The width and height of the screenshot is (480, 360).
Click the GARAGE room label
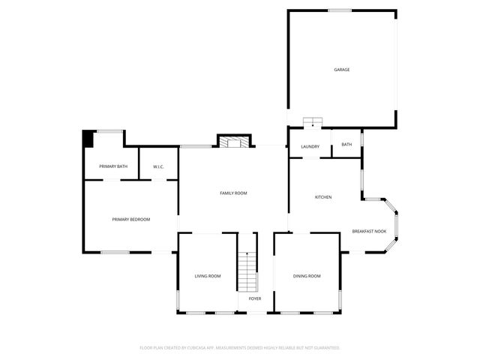point(342,70)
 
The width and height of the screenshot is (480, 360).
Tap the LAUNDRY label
point(310,147)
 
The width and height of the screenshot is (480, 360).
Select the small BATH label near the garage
point(346,145)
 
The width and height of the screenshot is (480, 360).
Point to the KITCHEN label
point(323,197)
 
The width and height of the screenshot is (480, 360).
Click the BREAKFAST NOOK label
point(369,231)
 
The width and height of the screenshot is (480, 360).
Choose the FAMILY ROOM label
point(233,193)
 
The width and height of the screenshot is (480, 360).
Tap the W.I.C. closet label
point(158,166)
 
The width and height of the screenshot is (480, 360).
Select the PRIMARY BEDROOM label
point(131,220)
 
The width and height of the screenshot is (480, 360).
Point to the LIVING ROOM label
point(208,277)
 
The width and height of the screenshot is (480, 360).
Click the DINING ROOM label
point(307,277)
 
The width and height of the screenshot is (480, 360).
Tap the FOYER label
point(255,298)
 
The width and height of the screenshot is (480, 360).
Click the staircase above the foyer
point(247,271)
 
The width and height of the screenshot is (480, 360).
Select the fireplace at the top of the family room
point(232,141)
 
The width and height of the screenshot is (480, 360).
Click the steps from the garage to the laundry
point(311,122)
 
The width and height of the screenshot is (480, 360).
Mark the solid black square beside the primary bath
point(88,139)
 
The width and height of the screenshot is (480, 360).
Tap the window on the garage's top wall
point(340,10)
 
